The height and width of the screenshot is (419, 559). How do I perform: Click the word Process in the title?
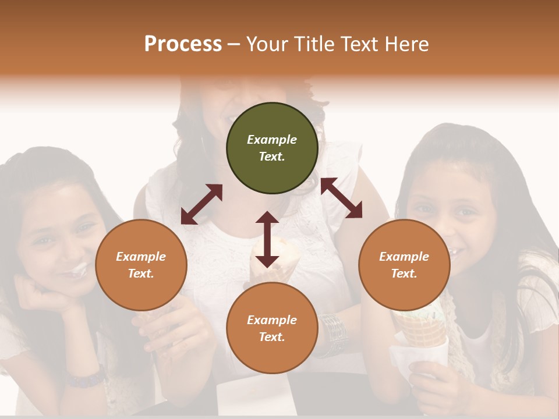(x=183, y=44)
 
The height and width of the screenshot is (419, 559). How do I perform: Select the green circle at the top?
(x=272, y=148)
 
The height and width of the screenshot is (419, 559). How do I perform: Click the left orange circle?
(x=141, y=265)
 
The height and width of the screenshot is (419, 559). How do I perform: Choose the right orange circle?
(x=404, y=265)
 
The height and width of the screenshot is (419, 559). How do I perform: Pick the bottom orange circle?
(x=272, y=329)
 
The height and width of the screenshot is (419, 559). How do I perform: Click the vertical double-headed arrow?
(x=267, y=239)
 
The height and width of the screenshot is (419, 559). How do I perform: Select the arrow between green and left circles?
(x=201, y=204)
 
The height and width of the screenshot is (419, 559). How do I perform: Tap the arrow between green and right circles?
(x=341, y=198)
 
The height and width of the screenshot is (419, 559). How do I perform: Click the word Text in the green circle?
(x=271, y=157)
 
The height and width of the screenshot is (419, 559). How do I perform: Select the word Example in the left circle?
(x=141, y=257)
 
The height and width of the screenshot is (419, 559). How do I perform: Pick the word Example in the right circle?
(x=404, y=257)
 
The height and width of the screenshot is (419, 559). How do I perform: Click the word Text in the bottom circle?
(x=271, y=338)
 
